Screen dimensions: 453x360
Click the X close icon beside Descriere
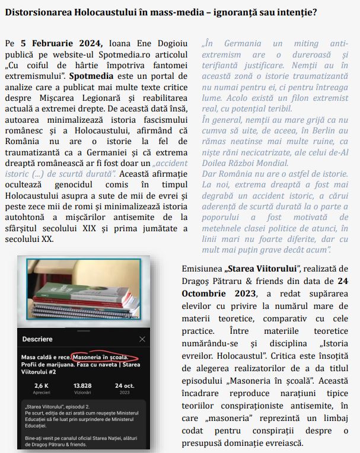point(142,339)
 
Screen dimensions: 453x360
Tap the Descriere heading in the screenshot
point(37,339)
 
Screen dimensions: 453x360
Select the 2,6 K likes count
point(42,385)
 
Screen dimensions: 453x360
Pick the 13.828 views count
point(82,385)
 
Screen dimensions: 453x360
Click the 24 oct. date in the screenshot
point(125,385)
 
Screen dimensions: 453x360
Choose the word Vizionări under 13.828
point(82,393)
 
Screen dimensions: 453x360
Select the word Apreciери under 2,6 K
point(42,393)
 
